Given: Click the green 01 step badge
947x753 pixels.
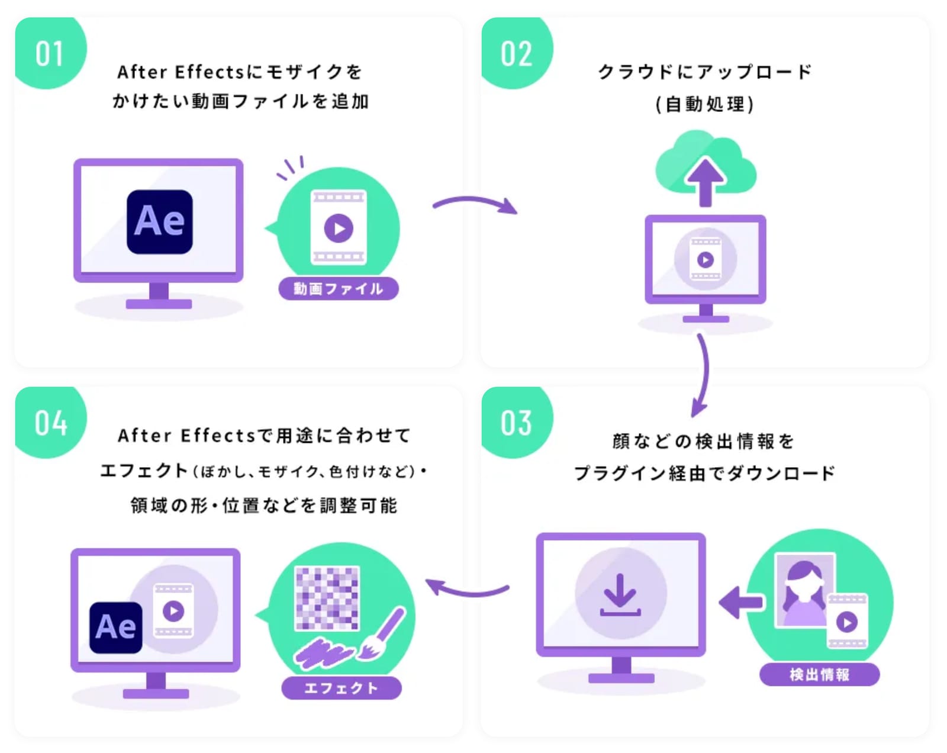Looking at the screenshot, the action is coord(49,52).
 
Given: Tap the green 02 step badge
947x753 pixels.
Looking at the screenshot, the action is coord(516,52).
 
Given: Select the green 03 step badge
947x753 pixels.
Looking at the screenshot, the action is coord(516,421).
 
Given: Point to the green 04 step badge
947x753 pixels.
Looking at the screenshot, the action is coord(49,421).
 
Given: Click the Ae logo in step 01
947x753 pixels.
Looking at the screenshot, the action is coord(159,222).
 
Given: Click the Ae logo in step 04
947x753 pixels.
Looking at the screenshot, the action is coord(116,627).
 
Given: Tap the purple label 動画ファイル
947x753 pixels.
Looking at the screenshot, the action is coord(339,289).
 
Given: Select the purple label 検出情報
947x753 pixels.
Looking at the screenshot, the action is coord(819,674).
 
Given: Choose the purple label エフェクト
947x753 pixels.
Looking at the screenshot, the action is coord(342,687).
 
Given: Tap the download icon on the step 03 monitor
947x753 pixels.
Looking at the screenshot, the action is coord(620,594).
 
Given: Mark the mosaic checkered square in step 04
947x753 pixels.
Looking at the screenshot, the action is coord(327,598).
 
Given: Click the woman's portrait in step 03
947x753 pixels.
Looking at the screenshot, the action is coord(804,590).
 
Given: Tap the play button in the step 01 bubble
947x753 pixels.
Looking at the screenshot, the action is coord(339,228).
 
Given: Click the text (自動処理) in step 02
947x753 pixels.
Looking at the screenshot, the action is coord(705,104).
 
